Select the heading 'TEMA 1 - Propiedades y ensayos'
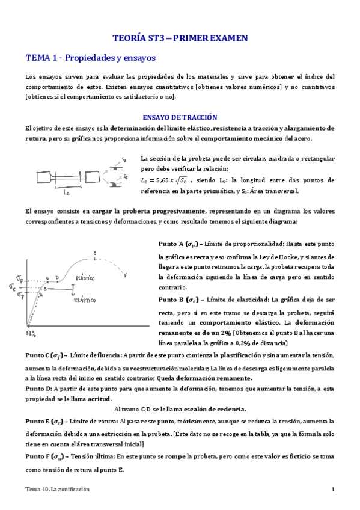point(90,58)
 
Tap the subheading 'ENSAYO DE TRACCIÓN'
point(179,117)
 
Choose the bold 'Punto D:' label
point(39,389)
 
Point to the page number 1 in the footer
point(332,489)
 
